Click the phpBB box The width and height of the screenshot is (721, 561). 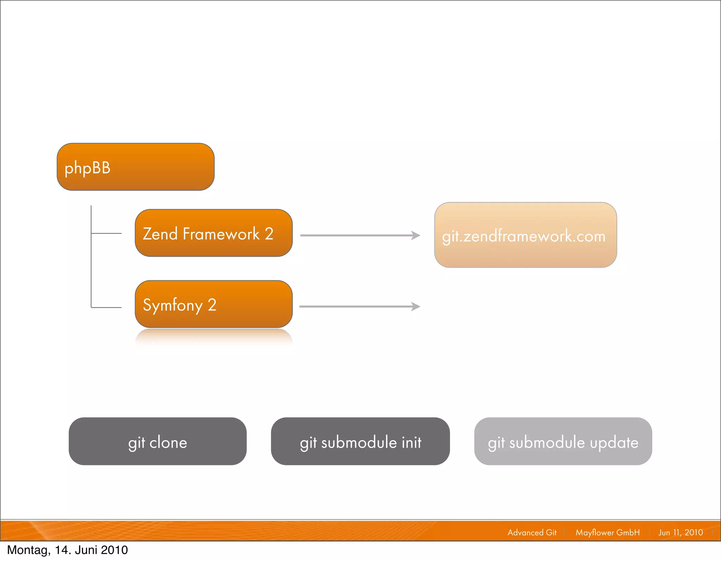click(x=136, y=167)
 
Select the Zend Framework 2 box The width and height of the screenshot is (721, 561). click(x=214, y=233)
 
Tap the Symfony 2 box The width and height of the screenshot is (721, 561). click(x=214, y=304)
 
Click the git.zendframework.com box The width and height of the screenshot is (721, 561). click(x=525, y=235)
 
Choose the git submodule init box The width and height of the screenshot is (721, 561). click(x=360, y=441)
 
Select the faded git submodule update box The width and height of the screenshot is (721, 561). click(x=563, y=441)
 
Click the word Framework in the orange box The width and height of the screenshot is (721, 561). click(x=221, y=234)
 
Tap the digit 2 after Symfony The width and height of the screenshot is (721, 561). click(x=212, y=305)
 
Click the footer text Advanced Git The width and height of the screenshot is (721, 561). click(x=532, y=532)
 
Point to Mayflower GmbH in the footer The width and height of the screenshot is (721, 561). click(x=608, y=532)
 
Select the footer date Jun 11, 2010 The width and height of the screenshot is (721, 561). click(x=681, y=532)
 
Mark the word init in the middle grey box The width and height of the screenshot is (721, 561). click(x=412, y=442)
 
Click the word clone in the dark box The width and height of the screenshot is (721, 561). click(x=168, y=442)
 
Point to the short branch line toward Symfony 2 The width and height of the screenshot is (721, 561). click(x=106, y=307)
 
